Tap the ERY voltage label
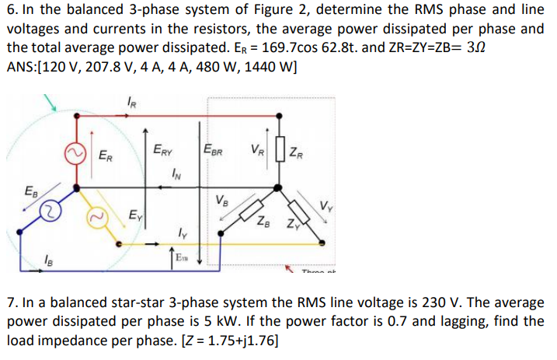163,149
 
